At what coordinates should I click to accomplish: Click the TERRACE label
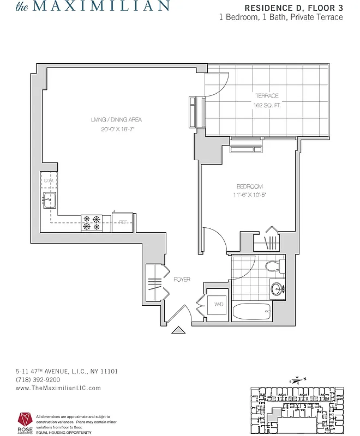(267, 96)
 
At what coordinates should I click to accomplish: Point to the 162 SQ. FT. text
(267, 105)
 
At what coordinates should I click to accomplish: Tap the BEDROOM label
(250, 186)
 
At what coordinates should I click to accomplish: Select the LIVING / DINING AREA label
(117, 120)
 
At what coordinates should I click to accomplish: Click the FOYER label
(182, 280)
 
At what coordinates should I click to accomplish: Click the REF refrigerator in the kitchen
(123, 222)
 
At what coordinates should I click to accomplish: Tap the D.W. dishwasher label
(49, 180)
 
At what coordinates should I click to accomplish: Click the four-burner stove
(92, 222)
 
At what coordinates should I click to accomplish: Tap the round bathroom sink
(277, 288)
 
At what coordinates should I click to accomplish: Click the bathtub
(251, 313)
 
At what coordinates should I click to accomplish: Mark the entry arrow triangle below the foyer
(178, 330)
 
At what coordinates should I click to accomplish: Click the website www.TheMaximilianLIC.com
(58, 388)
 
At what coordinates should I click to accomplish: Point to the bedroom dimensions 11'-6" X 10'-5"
(250, 195)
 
